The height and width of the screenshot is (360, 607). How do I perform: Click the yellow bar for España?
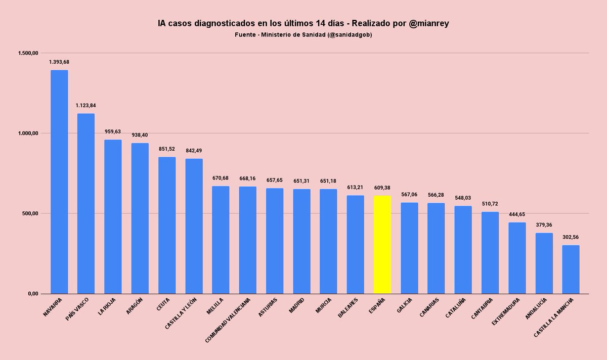coord(382,245)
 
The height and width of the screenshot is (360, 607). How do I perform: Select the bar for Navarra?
coord(59,182)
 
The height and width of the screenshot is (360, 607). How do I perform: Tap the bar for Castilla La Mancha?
coord(571,269)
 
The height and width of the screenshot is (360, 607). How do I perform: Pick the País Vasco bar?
coord(86,203)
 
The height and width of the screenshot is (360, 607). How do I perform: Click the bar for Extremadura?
coord(517,258)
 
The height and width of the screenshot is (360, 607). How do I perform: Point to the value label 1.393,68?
coord(59,62)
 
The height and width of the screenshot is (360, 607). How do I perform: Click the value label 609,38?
coord(382,188)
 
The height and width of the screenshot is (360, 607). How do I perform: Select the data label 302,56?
coord(571,237)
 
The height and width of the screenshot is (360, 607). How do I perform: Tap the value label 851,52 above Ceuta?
coord(166,149)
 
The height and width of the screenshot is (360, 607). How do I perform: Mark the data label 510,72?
coord(490,204)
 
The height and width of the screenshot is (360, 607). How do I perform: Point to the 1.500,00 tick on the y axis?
coord(28,53)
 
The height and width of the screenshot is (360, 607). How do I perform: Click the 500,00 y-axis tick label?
coord(30,213)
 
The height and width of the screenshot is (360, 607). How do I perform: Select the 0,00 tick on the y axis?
coord(33,294)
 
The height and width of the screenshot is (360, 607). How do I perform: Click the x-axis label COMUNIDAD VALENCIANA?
coord(228,320)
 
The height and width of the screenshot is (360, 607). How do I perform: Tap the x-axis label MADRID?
coord(296,305)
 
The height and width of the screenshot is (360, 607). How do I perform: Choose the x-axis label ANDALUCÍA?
coord(536,308)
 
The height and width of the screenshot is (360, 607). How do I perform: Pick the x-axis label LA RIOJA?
coord(107,306)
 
